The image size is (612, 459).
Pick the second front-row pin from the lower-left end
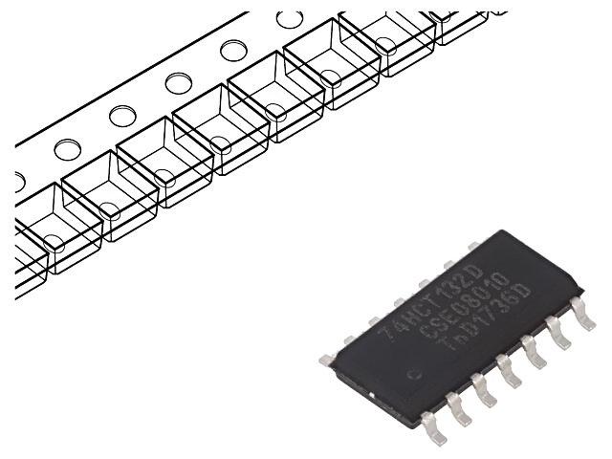click(x=460, y=411)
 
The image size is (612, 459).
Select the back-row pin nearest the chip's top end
click(x=473, y=246)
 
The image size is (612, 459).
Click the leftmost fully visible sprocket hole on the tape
click(x=68, y=149)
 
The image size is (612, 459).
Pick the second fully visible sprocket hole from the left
click(x=122, y=116)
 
